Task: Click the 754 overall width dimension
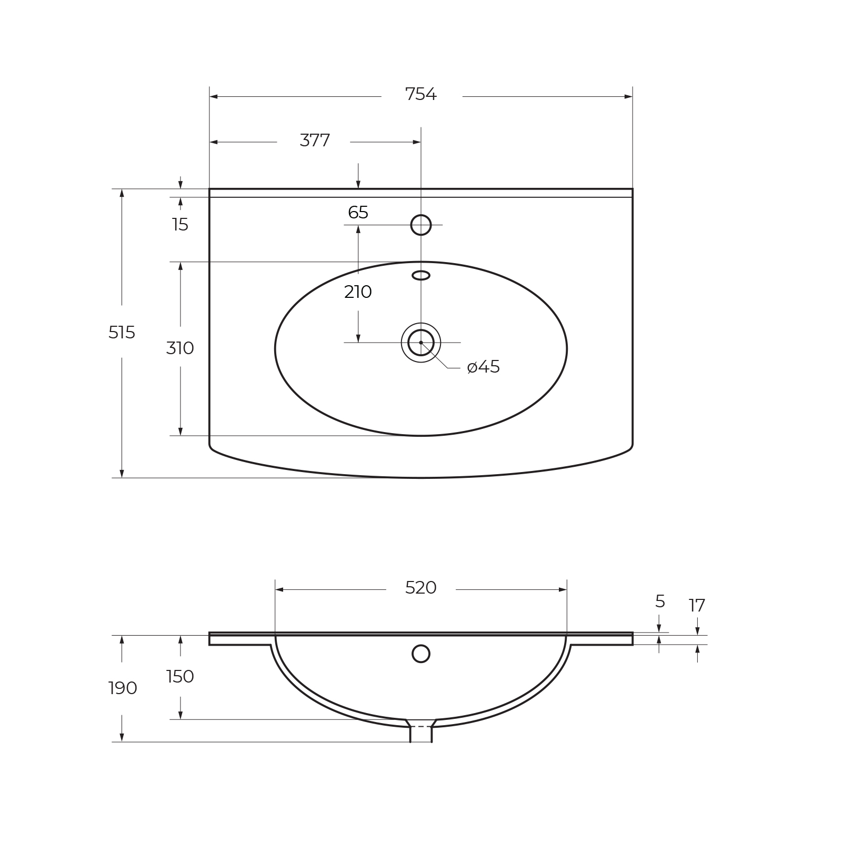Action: [421, 95]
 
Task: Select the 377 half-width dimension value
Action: [315, 141]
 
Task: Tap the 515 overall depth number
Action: [122, 333]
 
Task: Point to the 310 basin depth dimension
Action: [180, 348]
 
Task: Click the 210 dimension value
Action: [358, 292]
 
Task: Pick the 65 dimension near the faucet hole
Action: [358, 213]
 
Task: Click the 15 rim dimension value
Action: [180, 225]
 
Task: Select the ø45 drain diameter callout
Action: [484, 367]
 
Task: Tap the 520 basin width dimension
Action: [421, 588]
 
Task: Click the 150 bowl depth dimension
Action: [180, 677]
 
